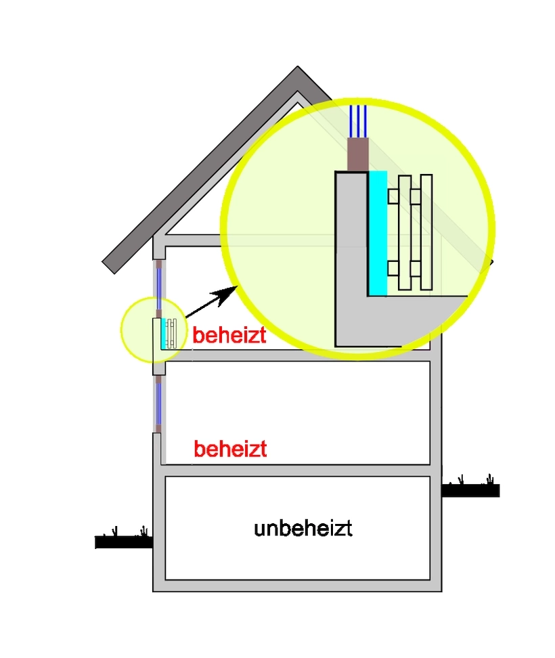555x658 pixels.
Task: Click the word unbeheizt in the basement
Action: click(303, 528)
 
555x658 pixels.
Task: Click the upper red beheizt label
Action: click(229, 335)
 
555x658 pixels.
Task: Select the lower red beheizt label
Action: click(230, 449)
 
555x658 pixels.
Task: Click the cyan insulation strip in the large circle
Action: click(378, 234)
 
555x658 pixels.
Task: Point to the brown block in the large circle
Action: click(358, 154)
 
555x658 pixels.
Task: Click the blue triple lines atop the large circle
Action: click(358, 121)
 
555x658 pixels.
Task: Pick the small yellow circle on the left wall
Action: click(154, 330)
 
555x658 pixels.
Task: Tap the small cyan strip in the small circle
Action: click(163, 334)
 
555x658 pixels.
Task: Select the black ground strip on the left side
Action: click(124, 542)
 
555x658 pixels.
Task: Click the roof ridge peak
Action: click(297, 66)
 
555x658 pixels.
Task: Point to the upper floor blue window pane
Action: click(159, 288)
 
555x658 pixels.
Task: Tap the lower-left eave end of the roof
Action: click(108, 267)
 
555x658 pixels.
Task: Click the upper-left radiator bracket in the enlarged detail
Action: click(393, 196)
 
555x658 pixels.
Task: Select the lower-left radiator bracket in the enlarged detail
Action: click(393, 268)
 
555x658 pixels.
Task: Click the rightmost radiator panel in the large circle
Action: click(426, 232)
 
